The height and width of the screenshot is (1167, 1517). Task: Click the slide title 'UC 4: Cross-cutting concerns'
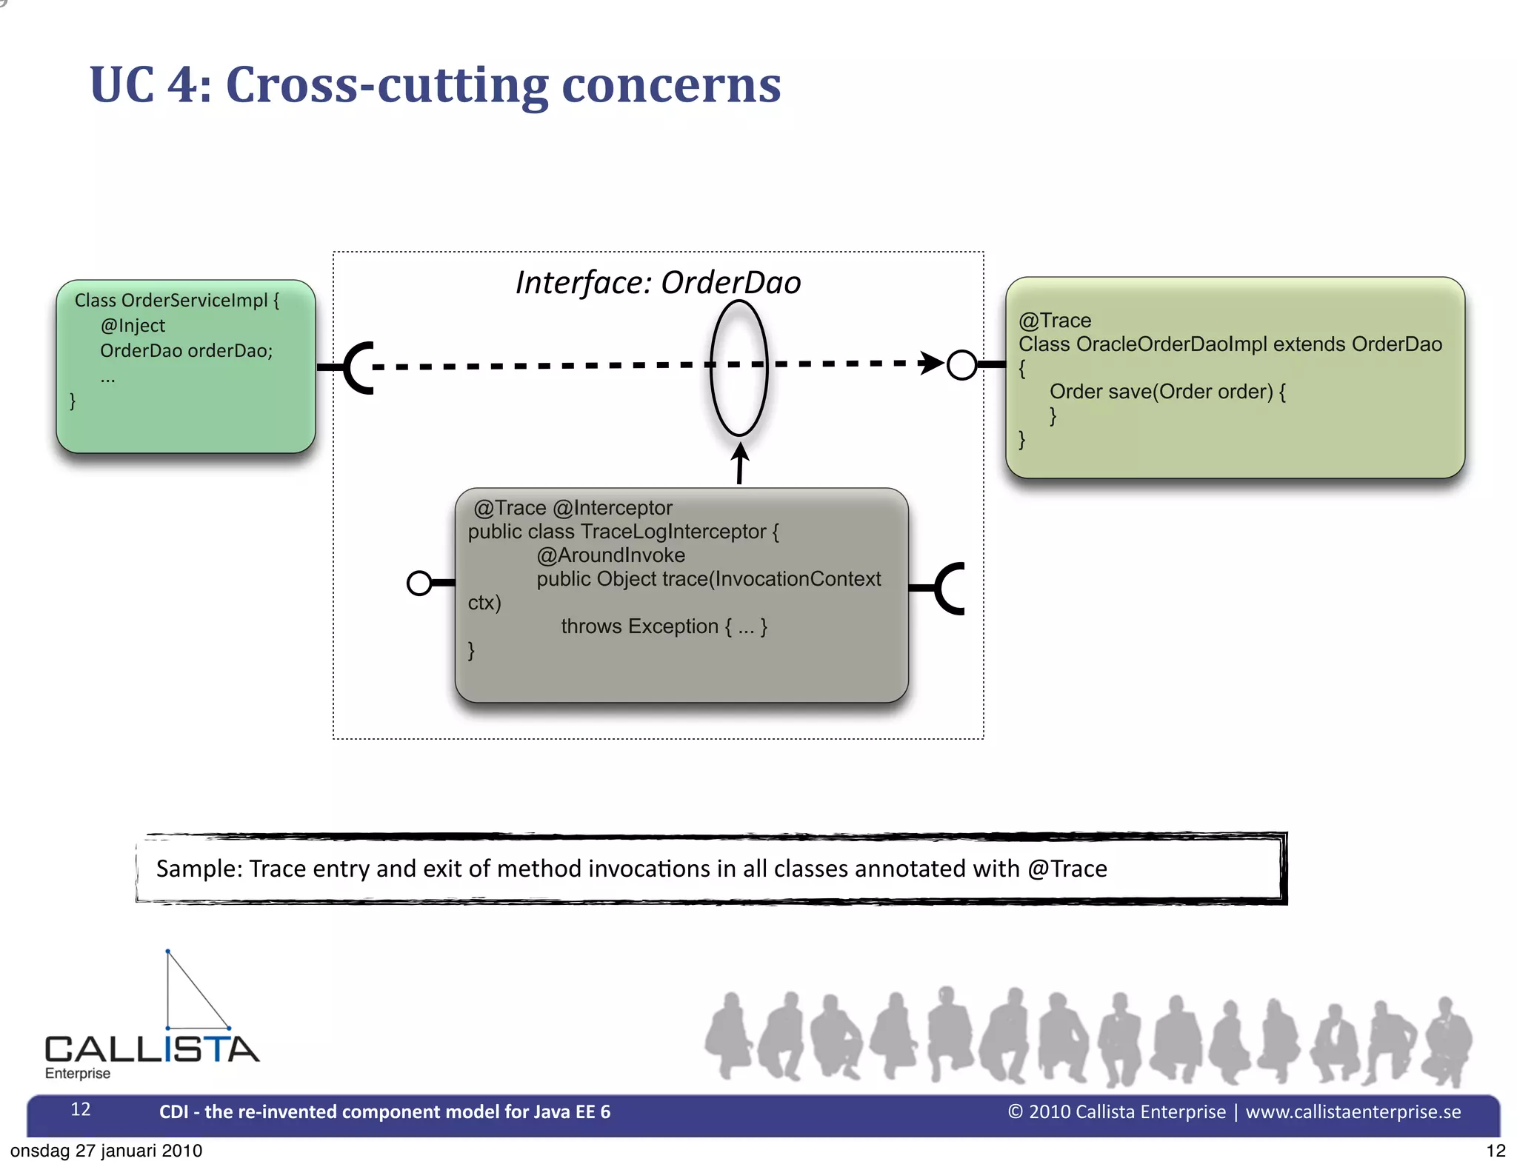(x=435, y=84)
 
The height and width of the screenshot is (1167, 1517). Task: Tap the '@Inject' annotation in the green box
(x=133, y=326)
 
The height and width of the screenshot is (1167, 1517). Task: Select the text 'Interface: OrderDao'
(x=658, y=283)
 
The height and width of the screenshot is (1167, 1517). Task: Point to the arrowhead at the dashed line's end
(x=931, y=363)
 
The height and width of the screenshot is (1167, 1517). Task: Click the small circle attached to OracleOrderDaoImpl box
(x=961, y=365)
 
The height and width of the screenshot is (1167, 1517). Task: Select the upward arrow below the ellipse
(x=739, y=463)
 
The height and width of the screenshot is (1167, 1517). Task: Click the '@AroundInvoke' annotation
(x=610, y=555)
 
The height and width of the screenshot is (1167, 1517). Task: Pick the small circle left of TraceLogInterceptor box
(x=419, y=583)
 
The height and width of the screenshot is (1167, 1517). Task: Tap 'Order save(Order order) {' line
(x=1167, y=392)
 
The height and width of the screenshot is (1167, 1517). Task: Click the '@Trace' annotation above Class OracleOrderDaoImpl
(x=1055, y=321)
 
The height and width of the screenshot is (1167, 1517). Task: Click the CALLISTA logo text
(x=152, y=1049)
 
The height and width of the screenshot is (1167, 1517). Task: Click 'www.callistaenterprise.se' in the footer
(x=1353, y=1112)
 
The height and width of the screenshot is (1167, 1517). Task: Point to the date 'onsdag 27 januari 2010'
(x=106, y=1151)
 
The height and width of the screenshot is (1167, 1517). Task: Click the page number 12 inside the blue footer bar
(x=81, y=1109)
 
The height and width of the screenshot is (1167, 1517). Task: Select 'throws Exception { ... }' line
(x=664, y=626)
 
